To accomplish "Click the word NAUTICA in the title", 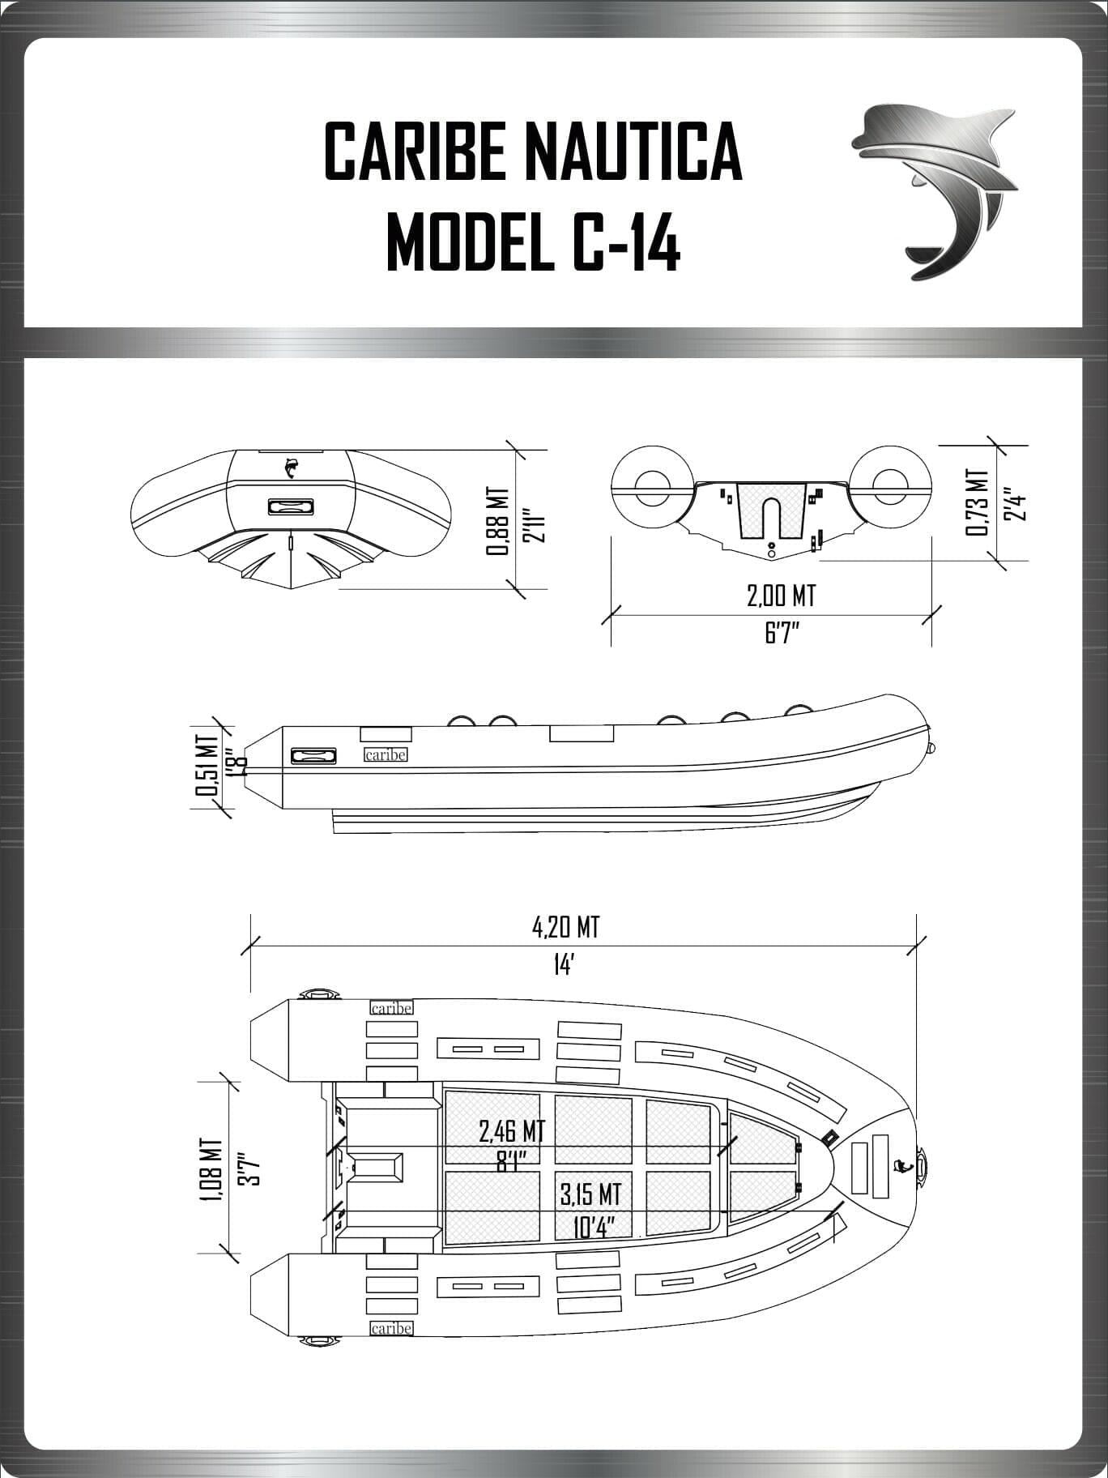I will click(x=633, y=152).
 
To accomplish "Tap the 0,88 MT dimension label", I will click(x=496, y=521).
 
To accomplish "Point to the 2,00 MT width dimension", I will click(x=780, y=596).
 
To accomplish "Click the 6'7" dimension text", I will click(x=782, y=633).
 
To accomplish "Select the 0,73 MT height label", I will click(x=977, y=502).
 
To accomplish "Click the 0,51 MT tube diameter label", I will click(x=207, y=766).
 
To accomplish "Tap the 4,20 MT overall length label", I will click(x=565, y=927).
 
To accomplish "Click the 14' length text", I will click(x=564, y=964).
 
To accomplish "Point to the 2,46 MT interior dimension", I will click(x=511, y=1130).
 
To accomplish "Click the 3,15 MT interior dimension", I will click(x=590, y=1194).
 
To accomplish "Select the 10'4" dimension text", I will click(x=590, y=1226).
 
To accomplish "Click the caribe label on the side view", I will click(x=386, y=754).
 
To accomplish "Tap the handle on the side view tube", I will click(x=313, y=756).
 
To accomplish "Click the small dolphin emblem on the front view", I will click(x=291, y=468).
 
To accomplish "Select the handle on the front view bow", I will click(x=290, y=506).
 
